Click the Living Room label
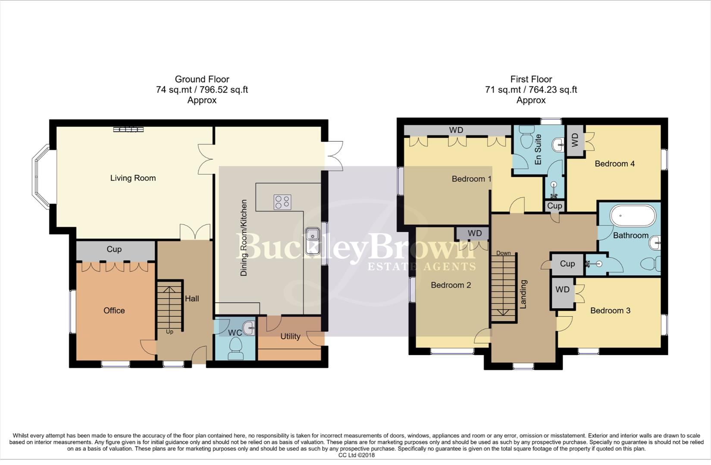coord(133,178)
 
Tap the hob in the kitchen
coord(282,202)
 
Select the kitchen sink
coord(312,235)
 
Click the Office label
coord(114,310)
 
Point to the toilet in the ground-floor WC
coord(236,347)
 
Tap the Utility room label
coord(290,336)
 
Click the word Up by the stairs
coord(169,332)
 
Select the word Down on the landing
coord(503,253)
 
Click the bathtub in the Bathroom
coord(633,215)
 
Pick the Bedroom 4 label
coord(614,164)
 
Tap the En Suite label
coord(538,150)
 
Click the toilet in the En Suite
coord(527,136)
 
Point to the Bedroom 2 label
coord(451,285)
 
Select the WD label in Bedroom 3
coord(562,290)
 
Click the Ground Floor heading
coord(202,79)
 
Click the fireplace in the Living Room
coord(128,129)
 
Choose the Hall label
coord(192,298)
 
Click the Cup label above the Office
coord(114,249)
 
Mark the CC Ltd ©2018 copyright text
coord(356,455)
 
